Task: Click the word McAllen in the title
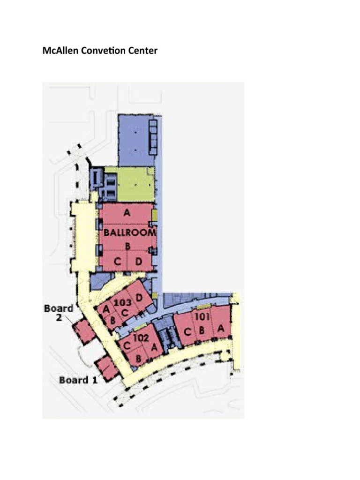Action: tap(59, 51)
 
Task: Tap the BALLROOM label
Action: tap(127, 232)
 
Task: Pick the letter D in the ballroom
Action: tap(139, 261)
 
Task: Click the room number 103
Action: tap(123, 303)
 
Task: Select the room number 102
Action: tap(141, 337)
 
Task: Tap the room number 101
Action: tap(202, 316)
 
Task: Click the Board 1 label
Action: tap(78, 380)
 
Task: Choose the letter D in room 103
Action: tap(139, 297)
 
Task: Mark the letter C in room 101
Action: tap(187, 333)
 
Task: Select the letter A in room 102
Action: tap(154, 347)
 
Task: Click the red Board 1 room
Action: tap(107, 368)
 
